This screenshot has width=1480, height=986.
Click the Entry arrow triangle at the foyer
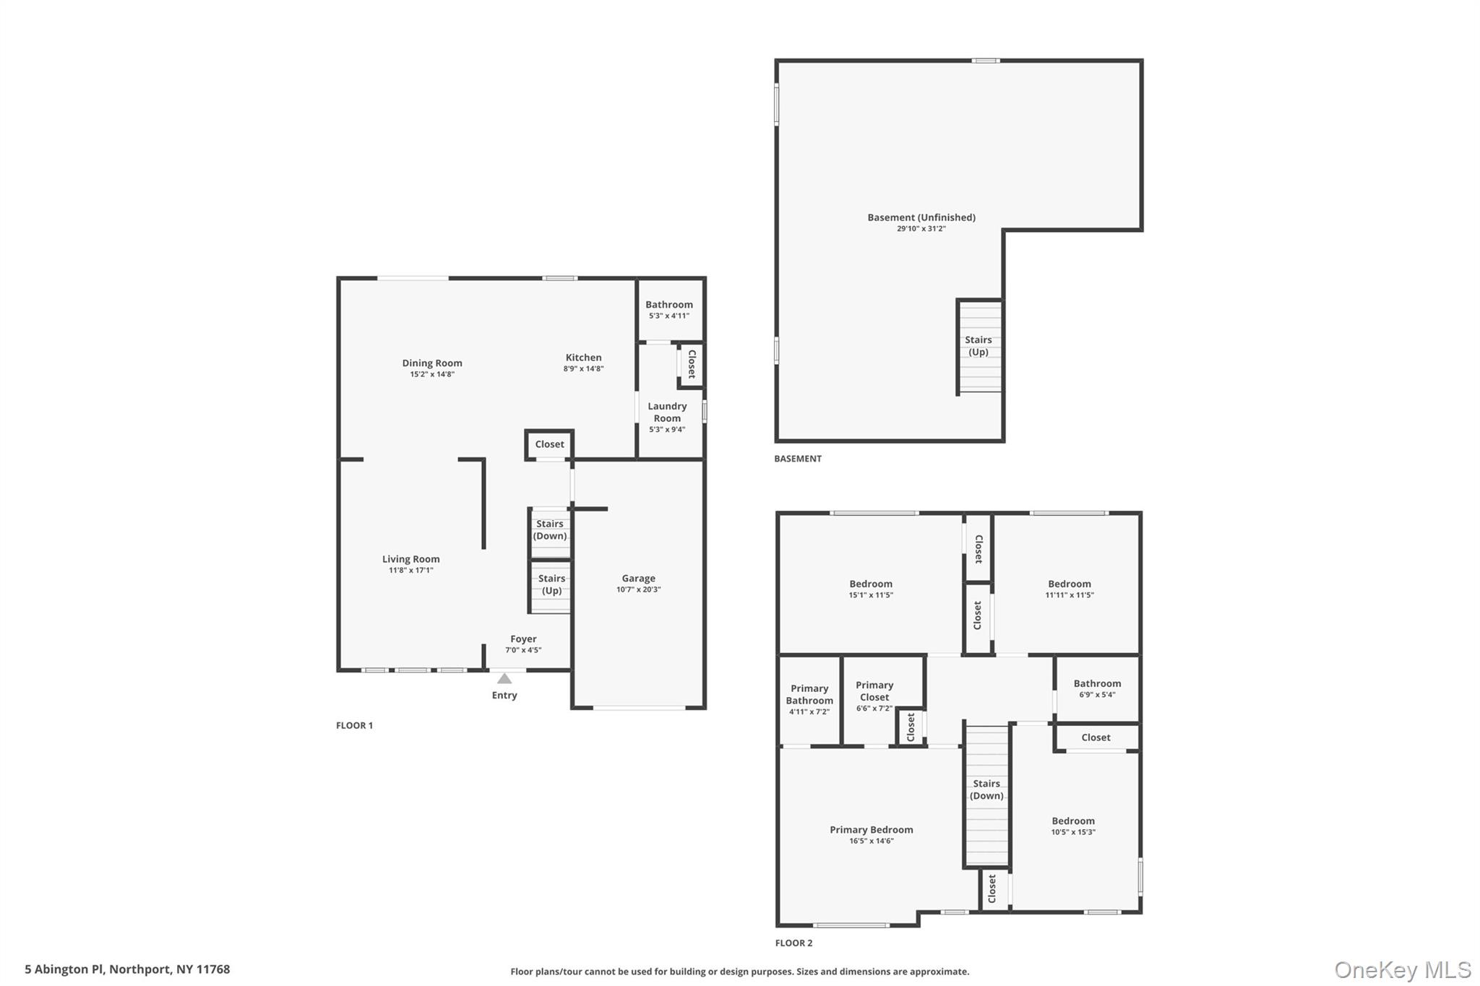coord(504,679)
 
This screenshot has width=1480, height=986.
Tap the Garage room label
coord(638,579)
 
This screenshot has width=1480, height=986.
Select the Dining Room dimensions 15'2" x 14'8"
coord(432,374)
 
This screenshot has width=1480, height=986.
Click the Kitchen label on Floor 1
coord(583,358)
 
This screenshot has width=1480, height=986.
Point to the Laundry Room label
coord(667,412)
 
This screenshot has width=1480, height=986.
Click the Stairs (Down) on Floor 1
coord(550,530)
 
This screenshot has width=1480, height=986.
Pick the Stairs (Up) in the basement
coord(978,346)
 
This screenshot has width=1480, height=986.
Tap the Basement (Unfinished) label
coord(921,217)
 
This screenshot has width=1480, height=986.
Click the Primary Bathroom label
coord(809,695)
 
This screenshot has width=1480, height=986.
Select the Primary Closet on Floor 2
coord(874,691)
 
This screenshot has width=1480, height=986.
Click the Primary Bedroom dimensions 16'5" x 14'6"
coord(872,841)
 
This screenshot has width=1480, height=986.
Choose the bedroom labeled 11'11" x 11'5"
coord(1070,589)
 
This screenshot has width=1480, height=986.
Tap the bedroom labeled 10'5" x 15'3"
coord(1073,826)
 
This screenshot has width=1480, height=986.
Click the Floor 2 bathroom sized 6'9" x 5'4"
coord(1097,688)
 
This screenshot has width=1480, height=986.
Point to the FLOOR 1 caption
coord(354,725)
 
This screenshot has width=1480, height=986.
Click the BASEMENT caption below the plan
coord(798,459)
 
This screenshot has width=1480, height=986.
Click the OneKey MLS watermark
coord(1402,969)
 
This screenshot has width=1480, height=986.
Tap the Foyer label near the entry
coord(523,639)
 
